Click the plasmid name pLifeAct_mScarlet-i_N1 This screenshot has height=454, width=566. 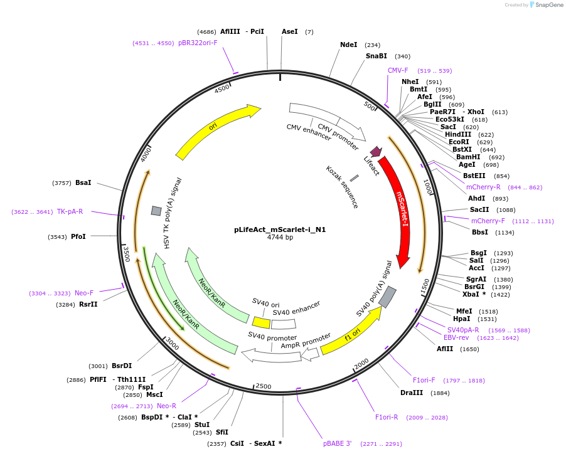click(x=280, y=230)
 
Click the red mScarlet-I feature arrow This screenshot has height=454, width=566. click(x=400, y=213)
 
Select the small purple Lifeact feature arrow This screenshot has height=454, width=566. click(x=376, y=152)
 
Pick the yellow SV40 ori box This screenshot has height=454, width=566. click(x=261, y=322)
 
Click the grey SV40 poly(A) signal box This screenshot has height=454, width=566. click(x=388, y=297)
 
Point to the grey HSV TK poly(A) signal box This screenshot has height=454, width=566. click(x=156, y=211)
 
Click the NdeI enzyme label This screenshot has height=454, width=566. click(x=348, y=45)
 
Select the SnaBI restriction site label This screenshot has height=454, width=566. click(x=376, y=56)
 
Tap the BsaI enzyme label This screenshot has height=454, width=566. click(x=83, y=182)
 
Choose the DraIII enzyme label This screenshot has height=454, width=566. click(x=412, y=393)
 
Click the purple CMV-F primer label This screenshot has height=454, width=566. click(x=398, y=70)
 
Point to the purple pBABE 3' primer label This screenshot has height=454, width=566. click(x=336, y=443)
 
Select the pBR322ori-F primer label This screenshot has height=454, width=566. click(x=198, y=43)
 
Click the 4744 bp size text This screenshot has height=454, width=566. click(x=280, y=238)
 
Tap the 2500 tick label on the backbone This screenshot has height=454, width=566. click(x=264, y=386)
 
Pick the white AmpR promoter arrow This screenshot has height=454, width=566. click(x=310, y=354)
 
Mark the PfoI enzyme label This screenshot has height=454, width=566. click(x=78, y=236)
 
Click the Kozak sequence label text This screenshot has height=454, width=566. click(x=342, y=186)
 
